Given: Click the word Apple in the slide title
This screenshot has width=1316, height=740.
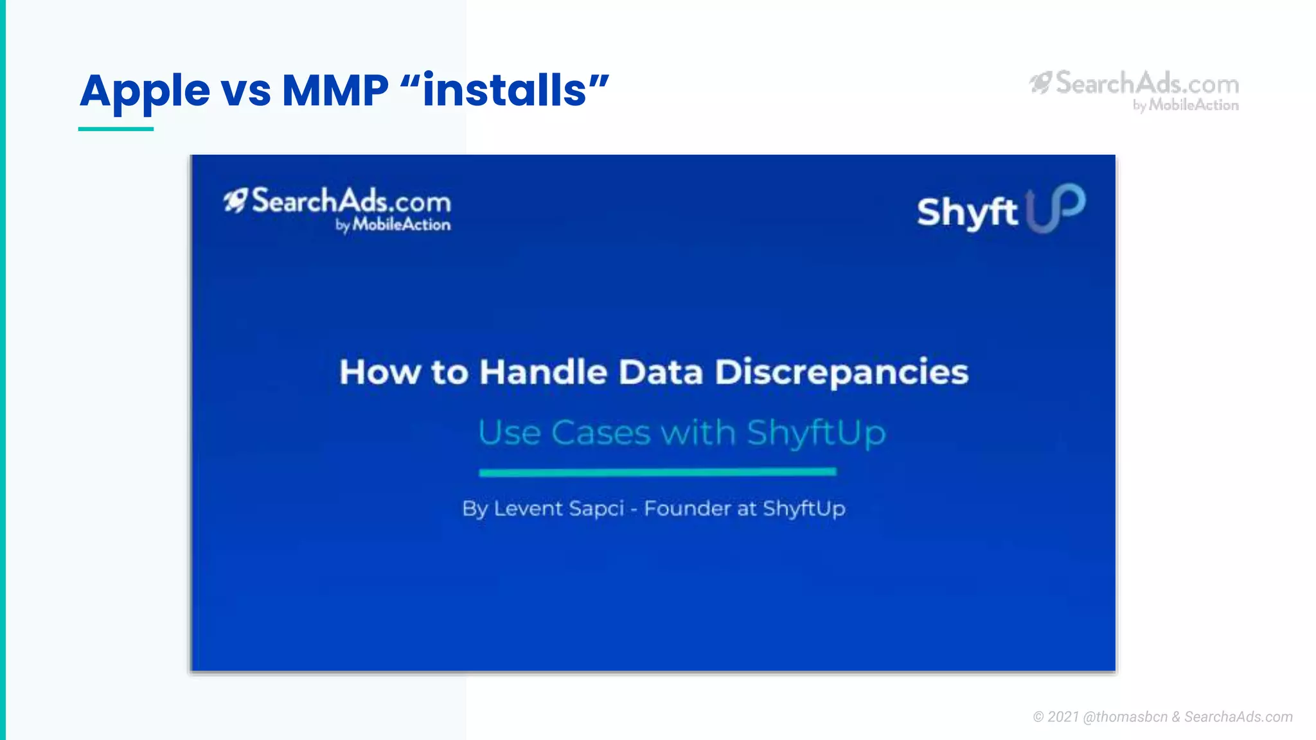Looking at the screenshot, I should click(x=145, y=91).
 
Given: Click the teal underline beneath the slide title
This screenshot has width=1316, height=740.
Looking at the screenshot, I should click(x=116, y=129).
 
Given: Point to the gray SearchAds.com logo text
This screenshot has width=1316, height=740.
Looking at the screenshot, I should click(x=1147, y=84).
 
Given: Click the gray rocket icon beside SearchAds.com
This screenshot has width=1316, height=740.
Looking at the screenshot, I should click(x=1040, y=82).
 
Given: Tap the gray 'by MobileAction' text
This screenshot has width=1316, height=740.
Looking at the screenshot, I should click(x=1186, y=105).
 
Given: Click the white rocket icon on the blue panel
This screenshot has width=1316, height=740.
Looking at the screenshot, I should click(x=235, y=201).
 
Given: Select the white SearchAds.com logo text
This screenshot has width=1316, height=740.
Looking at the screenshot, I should click(x=351, y=201).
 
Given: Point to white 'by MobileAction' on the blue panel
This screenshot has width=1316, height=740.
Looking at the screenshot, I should click(x=393, y=224).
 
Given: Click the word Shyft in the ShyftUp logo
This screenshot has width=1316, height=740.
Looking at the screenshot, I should click(x=967, y=212).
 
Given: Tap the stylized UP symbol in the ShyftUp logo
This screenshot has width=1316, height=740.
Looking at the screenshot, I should click(x=1056, y=207).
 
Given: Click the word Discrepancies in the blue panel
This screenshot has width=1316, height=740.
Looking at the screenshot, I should click(x=841, y=372).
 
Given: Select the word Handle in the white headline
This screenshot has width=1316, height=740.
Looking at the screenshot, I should click(x=543, y=372).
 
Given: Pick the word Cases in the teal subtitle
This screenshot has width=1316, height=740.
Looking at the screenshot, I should click(x=601, y=432).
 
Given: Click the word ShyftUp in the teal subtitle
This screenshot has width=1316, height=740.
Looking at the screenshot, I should click(x=816, y=432).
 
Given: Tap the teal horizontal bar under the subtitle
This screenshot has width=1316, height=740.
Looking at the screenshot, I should click(x=657, y=472).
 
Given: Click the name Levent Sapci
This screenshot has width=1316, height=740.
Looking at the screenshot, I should click(x=559, y=508).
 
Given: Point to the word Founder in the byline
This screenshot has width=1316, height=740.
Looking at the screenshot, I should click(x=687, y=508).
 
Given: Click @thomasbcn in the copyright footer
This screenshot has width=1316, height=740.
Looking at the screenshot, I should click(x=1125, y=717).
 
